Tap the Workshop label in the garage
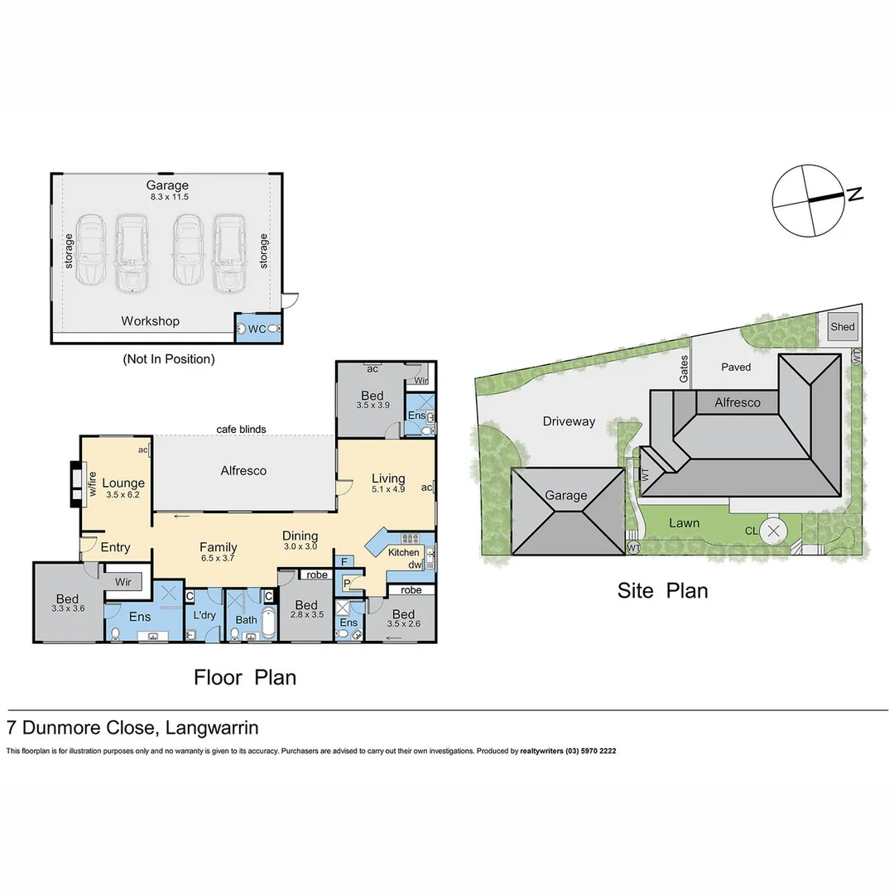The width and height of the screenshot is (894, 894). click(x=150, y=321)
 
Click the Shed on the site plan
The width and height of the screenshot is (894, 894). click(x=842, y=327)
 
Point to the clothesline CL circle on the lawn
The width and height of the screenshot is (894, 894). click(x=774, y=531)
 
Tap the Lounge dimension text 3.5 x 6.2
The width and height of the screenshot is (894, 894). click(x=123, y=497)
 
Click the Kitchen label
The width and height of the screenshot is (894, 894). click(x=405, y=552)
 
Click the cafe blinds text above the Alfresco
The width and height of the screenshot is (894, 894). click(x=241, y=429)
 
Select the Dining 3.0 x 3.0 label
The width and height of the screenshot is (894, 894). click(x=300, y=541)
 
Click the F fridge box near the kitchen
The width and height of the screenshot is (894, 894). click(x=346, y=561)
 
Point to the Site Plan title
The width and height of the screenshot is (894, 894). click(x=662, y=590)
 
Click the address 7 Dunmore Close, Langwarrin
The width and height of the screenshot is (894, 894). click(x=132, y=728)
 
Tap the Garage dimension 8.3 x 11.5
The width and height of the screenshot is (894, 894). click(x=168, y=197)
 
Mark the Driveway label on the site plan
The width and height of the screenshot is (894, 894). click(x=569, y=421)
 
